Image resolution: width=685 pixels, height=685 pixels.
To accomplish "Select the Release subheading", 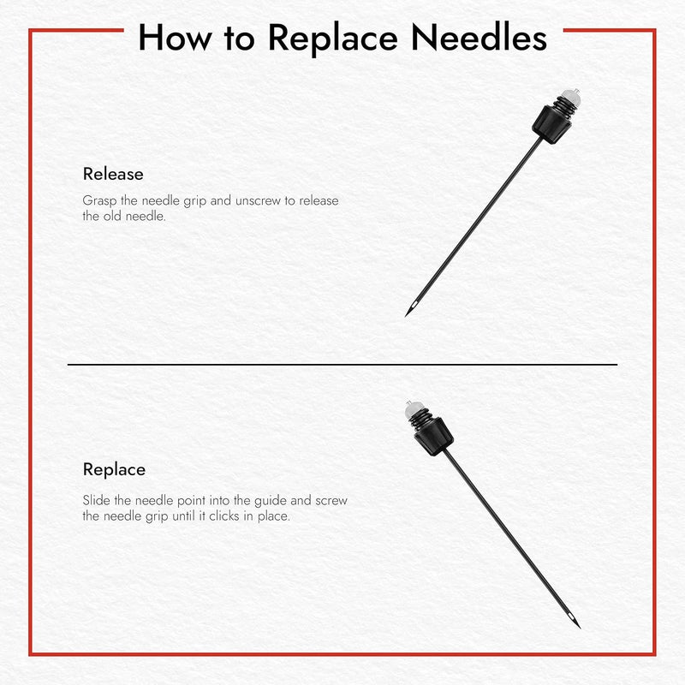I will pyautogui.click(x=113, y=174).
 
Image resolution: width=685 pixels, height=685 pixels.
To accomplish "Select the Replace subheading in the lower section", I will pyautogui.click(x=114, y=469).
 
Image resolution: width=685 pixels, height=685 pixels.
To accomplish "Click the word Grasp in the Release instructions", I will pyautogui.click(x=99, y=201).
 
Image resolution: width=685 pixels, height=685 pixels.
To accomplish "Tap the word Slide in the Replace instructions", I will pyautogui.click(x=97, y=500).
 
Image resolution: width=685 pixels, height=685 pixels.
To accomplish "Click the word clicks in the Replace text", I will pyautogui.click(x=229, y=515).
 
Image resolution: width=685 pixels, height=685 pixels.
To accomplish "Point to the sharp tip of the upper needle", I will pyautogui.click(x=407, y=314).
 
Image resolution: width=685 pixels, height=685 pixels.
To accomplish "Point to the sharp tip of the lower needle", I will pyautogui.click(x=580, y=628).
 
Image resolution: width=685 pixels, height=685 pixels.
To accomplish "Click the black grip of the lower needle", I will pyautogui.click(x=432, y=437).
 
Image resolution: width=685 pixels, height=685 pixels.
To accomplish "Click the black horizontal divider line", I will pyautogui.click(x=342, y=365).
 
